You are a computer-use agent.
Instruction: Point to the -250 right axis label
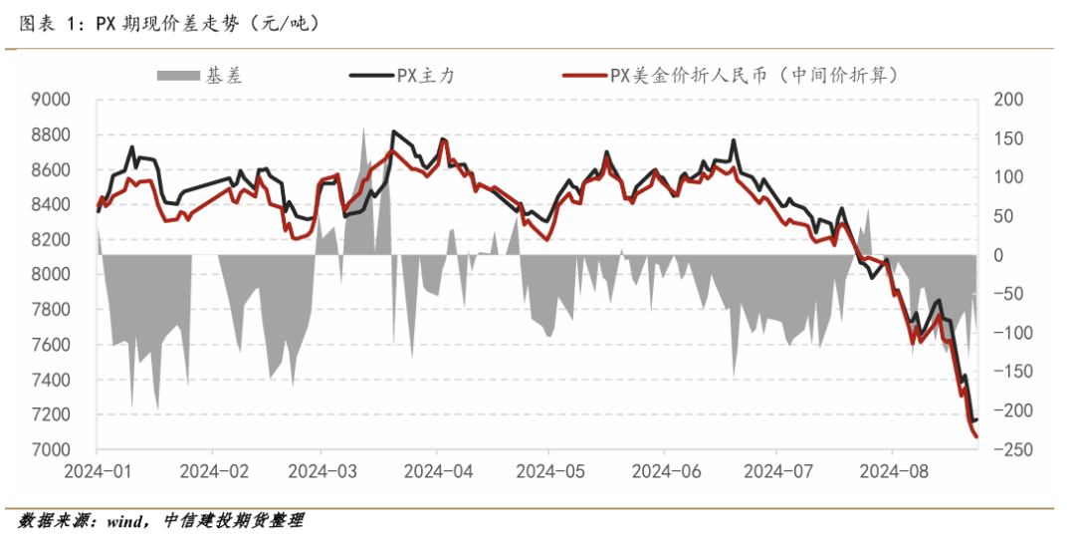(1006, 450)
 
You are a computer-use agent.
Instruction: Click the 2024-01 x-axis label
(98, 469)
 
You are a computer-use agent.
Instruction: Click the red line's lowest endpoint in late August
(976, 436)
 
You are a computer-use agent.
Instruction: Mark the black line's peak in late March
(394, 132)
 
